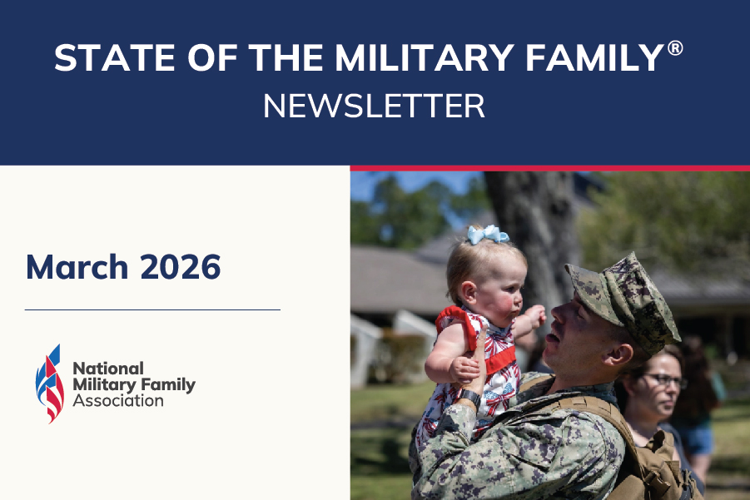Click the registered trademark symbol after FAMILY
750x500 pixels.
(x=675, y=48)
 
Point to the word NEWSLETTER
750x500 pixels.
(x=374, y=106)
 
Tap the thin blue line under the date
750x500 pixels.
(x=152, y=309)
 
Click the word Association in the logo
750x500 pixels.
(x=118, y=401)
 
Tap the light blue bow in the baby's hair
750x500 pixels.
(x=487, y=235)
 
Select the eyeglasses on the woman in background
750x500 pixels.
(x=665, y=380)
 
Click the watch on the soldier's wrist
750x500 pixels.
(x=469, y=399)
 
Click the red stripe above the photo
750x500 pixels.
(x=549, y=168)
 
